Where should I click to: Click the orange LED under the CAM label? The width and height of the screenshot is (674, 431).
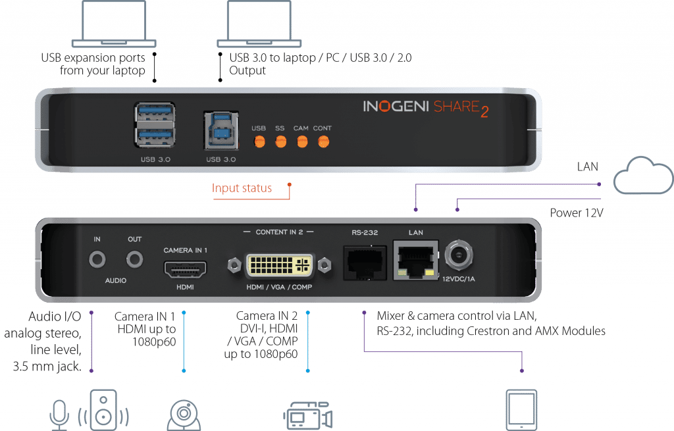302,141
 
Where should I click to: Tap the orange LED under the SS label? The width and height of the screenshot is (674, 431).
280,141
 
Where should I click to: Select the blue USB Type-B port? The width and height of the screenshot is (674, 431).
221,131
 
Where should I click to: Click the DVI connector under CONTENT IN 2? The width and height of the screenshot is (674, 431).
279,266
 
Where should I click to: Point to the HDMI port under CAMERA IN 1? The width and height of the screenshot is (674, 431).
185,269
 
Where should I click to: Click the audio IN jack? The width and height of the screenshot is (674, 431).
97,259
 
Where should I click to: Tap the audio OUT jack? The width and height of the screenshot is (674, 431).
134,259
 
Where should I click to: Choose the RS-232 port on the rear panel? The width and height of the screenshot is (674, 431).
365,263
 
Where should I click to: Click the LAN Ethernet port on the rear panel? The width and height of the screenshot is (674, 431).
416,260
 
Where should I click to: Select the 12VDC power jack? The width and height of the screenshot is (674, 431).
459,255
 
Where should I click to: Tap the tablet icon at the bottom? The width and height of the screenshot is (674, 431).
521,410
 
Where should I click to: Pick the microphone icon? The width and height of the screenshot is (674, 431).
59,415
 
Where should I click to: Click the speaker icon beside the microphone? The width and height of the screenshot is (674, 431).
103,410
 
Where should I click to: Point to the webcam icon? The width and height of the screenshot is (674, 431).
184,415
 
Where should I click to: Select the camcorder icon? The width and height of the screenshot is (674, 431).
308,415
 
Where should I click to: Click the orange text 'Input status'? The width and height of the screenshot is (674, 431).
242,188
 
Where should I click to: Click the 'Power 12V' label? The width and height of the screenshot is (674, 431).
577,213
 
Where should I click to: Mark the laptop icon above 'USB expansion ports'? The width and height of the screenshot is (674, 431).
114,24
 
